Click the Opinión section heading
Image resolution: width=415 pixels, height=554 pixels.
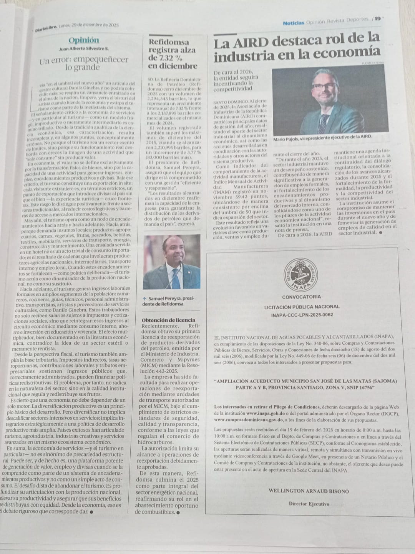click(x=84, y=40)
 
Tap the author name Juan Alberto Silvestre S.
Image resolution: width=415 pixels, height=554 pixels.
click(x=84, y=49)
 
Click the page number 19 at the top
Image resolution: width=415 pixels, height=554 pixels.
click(x=378, y=18)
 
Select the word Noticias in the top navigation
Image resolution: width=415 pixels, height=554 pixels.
click(x=293, y=23)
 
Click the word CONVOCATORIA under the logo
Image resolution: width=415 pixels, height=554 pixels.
click(x=301, y=297)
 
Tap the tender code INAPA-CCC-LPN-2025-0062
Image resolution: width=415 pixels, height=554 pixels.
click(x=302, y=315)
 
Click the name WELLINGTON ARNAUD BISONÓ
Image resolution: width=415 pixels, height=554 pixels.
click(x=309, y=491)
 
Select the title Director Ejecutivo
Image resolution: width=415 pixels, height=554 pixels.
click(x=309, y=504)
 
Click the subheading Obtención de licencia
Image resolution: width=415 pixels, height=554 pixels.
click(x=168, y=320)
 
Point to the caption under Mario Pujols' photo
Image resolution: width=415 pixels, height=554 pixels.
click(x=322, y=137)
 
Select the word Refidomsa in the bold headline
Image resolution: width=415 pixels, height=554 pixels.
click(x=169, y=42)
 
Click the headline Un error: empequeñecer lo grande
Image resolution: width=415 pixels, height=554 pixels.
click(x=84, y=63)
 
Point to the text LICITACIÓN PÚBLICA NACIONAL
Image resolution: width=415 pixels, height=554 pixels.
click(x=302, y=307)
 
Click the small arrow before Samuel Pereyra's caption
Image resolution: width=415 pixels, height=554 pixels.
click(x=144, y=299)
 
